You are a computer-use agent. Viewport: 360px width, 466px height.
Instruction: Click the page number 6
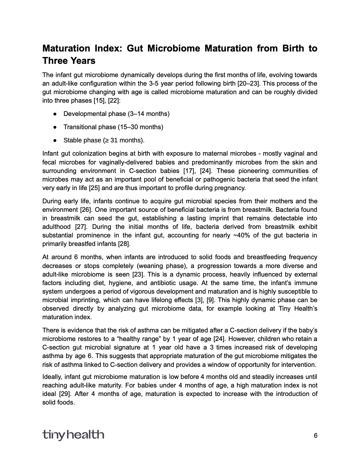click(x=316, y=436)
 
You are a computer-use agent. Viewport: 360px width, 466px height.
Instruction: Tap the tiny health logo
click(x=73, y=435)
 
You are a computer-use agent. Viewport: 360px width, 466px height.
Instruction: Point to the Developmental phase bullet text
click(x=116, y=114)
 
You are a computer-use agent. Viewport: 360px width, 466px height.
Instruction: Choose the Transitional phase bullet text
click(x=113, y=127)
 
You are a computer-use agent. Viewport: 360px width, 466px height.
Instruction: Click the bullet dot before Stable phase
click(x=55, y=140)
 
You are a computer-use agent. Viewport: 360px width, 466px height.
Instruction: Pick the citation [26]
click(x=86, y=210)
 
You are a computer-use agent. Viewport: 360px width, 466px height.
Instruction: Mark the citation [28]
click(x=124, y=244)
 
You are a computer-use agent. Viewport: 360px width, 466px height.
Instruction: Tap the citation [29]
click(x=65, y=394)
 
